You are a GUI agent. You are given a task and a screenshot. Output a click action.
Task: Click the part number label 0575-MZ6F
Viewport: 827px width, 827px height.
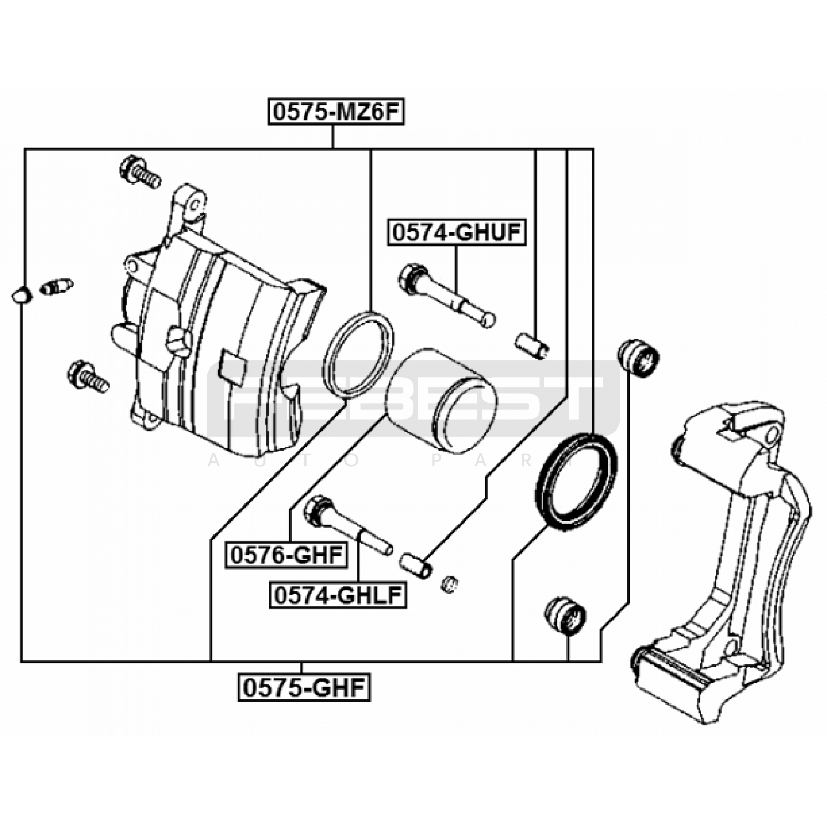[335, 112]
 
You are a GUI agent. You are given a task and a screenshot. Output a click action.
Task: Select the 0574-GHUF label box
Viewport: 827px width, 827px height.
[457, 233]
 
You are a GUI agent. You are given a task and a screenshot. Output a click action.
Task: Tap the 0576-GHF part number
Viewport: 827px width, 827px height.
[286, 556]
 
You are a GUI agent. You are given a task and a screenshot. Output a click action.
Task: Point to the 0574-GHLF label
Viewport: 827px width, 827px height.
[338, 595]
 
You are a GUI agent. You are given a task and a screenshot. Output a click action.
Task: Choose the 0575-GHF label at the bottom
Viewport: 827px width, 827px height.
[304, 687]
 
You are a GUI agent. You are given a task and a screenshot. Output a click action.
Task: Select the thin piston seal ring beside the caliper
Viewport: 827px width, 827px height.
[358, 355]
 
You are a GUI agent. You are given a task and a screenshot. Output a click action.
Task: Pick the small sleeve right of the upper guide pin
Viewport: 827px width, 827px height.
[532, 345]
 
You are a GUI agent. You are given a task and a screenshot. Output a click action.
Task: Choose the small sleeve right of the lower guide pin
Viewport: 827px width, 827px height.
[416, 565]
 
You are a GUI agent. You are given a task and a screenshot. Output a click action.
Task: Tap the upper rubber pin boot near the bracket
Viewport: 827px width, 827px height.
[638, 358]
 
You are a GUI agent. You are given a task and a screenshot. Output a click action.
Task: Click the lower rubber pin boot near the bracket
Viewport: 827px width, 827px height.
[565, 615]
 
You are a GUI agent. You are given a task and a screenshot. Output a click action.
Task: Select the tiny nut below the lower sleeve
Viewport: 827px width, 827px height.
[450, 585]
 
